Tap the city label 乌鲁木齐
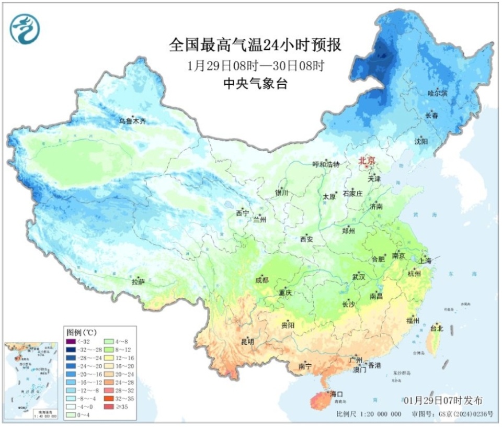(132, 121)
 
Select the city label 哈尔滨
(438, 93)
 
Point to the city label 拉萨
(139, 282)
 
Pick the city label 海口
(336, 393)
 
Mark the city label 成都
(261, 280)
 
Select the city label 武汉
(359, 276)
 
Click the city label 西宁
(243, 213)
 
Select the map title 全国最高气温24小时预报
(255, 46)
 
